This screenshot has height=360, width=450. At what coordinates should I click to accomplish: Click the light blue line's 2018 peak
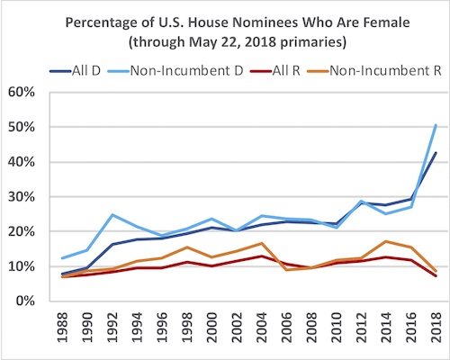(x=436, y=126)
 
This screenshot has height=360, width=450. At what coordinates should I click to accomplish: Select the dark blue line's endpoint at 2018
(x=436, y=153)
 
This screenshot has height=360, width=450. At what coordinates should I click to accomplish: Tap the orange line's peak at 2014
(x=386, y=241)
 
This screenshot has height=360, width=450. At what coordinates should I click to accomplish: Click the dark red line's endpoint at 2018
(x=436, y=275)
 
